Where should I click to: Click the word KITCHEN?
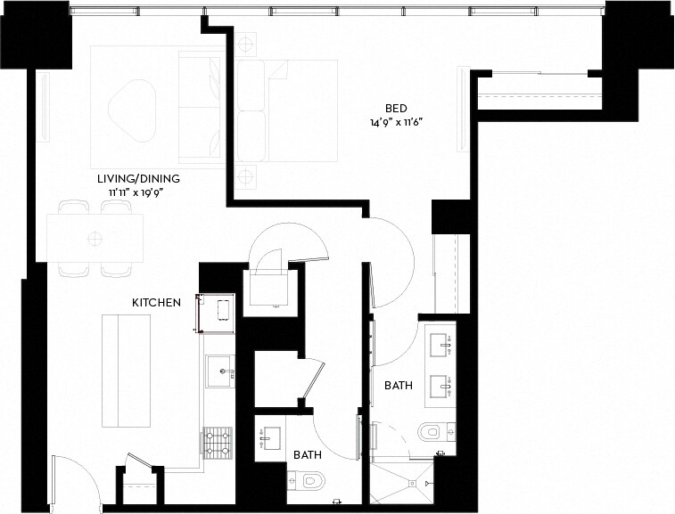tap(157, 303)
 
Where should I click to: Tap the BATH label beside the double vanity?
tap(398, 386)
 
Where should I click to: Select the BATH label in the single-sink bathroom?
tap(308, 454)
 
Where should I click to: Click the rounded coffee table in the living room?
tap(132, 105)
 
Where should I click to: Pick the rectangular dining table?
tap(95, 238)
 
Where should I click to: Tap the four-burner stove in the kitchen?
tap(218, 441)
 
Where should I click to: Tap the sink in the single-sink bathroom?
tap(270, 437)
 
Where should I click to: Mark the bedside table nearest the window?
tap(246, 45)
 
